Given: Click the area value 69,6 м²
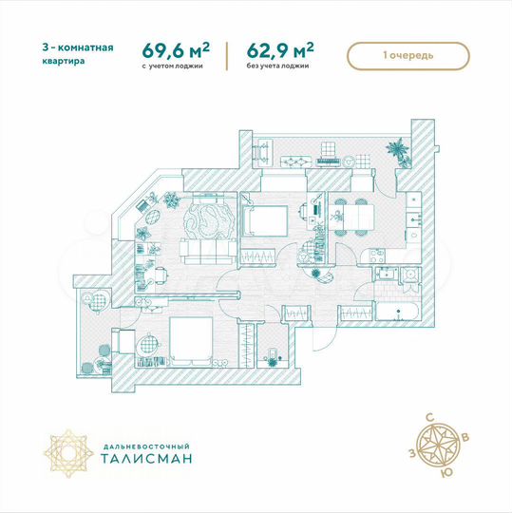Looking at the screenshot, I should click(x=176, y=50).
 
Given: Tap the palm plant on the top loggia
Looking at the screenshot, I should click(x=396, y=148).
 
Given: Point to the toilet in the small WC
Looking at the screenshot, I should click(x=274, y=356).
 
